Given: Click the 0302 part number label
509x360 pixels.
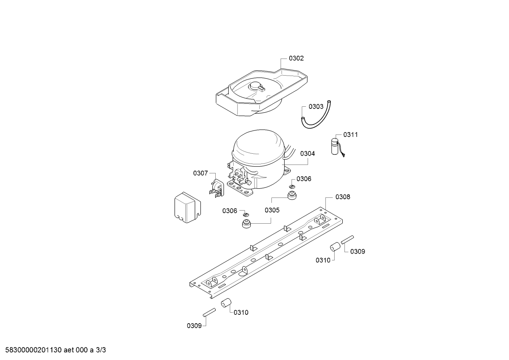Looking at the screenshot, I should click(296, 58).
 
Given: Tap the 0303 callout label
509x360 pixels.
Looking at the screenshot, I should click(316, 106).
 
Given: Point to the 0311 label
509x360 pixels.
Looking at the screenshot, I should click(351, 135).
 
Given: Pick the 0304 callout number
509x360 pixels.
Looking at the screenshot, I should click(307, 154).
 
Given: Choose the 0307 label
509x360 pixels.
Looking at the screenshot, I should click(200, 173).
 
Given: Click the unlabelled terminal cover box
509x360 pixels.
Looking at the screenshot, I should click(187, 208).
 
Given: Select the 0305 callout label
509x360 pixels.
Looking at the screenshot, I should click(272, 210).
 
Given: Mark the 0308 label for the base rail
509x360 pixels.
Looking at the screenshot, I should click(343, 197).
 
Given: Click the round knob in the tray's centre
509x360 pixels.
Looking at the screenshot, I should click(255, 85).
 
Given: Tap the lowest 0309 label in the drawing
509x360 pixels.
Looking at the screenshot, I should click(194, 326).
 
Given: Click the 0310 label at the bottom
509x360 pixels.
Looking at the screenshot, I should click(241, 312).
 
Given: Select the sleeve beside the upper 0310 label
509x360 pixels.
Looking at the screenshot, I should click(334, 247).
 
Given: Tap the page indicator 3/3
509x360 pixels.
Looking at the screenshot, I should click(101, 350).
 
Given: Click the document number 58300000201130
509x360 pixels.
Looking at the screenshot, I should click(32, 350).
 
